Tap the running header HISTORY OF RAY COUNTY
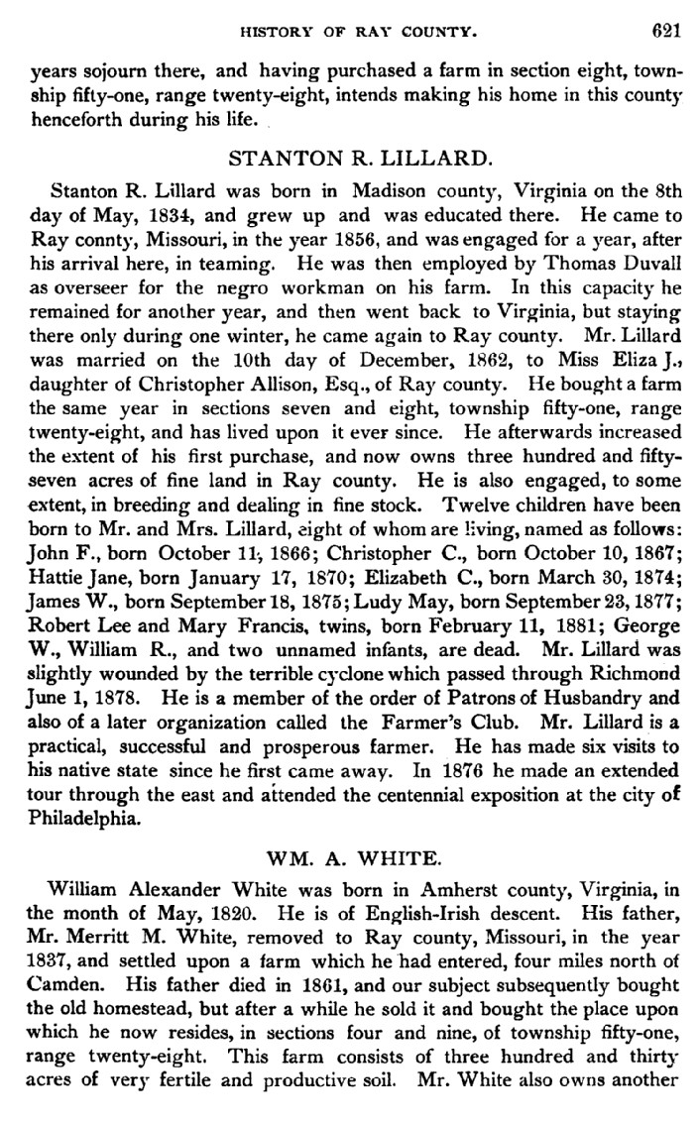pyautogui.click(x=359, y=33)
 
